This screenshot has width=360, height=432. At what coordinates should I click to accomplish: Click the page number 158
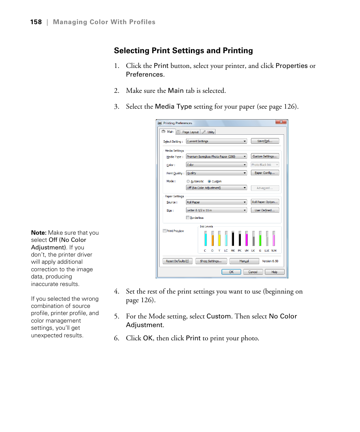(36, 22)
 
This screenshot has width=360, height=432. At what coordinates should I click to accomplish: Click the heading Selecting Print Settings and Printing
(183, 51)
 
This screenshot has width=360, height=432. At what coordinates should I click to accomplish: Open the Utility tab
(208, 132)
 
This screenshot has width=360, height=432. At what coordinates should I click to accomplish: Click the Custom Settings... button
(265, 156)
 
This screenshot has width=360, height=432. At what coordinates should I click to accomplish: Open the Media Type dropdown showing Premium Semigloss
(216, 156)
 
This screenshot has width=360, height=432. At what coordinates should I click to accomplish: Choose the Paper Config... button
(265, 173)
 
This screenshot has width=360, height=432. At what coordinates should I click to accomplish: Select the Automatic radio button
(188, 181)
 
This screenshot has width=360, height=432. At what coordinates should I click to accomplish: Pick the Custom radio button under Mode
(209, 181)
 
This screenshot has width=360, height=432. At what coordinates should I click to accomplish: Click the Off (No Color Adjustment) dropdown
(216, 188)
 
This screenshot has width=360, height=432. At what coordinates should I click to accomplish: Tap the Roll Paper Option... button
(265, 202)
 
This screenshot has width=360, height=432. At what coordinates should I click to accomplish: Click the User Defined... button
(265, 210)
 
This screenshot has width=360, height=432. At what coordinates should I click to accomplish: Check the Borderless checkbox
(188, 218)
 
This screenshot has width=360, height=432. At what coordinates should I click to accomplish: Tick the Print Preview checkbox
(165, 231)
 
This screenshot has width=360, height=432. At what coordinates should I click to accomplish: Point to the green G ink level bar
(260, 240)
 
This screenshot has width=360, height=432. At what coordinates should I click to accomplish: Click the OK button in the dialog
(231, 272)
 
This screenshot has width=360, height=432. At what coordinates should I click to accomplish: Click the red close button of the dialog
(281, 122)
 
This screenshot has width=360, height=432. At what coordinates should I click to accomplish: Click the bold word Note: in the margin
(39, 233)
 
